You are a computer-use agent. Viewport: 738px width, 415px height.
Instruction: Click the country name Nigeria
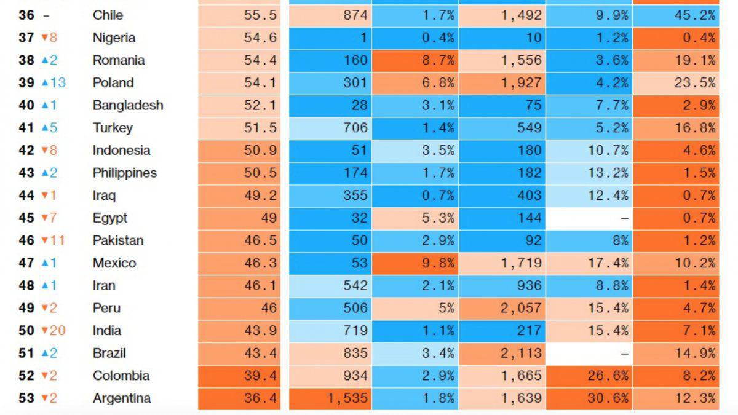[x=114, y=38]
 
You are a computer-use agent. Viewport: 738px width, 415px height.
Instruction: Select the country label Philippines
[x=125, y=173]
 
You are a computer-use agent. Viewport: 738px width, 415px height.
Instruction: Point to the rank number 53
[x=26, y=398]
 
